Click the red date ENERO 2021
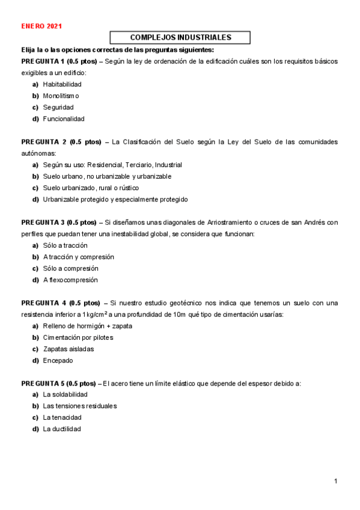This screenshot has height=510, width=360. [41, 26]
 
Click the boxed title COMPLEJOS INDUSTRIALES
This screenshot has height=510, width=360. [180, 37]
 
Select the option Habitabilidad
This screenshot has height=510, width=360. [62, 84]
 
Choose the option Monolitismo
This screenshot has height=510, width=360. [61, 96]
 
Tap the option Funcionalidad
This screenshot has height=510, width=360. [64, 119]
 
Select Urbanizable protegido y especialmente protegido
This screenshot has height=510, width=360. [115, 199]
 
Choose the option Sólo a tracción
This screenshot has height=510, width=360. [65, 245]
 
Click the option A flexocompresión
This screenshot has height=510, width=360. [70, 280]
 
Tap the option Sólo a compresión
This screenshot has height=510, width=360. [70, 268]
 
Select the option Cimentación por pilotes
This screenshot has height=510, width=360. [78, 337]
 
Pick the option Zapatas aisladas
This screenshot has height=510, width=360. [68, 349]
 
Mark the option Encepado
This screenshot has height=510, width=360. [58, 360]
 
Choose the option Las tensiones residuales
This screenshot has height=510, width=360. [79, 406]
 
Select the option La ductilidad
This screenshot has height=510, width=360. [61, 429]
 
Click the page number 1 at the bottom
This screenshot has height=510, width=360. [336, 481]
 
